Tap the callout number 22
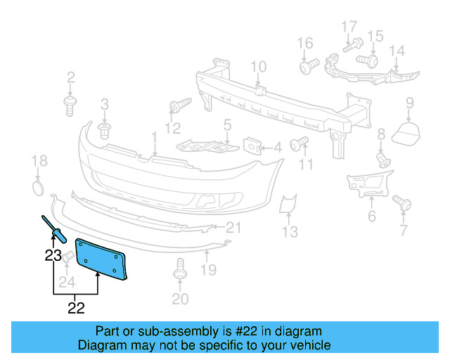76,307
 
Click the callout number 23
53,256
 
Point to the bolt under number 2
70,105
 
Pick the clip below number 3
105,131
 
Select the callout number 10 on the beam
258,67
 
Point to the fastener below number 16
307,68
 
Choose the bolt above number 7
404,204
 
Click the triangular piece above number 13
287,205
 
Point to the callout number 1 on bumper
154,136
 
